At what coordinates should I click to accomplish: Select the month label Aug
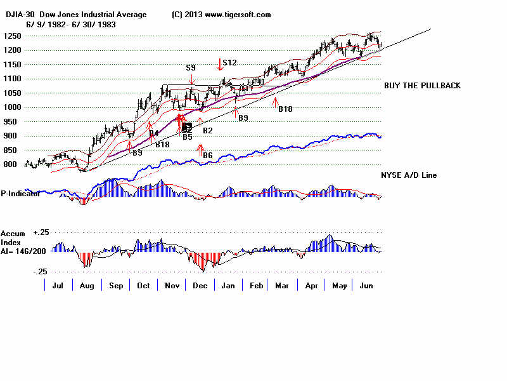pos(87,286)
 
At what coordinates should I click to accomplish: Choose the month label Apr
pos(311,286)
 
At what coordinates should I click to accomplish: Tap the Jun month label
pos(368,286)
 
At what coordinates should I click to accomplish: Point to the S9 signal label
pos(191,67)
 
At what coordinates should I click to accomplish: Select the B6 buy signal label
pos(207,155)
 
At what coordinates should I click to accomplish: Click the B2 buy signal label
pos(207,130)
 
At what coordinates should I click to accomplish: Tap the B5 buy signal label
pos(187,137)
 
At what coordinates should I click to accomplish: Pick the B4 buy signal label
pos(153,133)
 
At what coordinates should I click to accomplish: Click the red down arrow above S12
pos(221,63)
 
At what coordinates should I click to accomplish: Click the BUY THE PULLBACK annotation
pos(422,86)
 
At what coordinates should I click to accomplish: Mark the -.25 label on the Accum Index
pos(40,272)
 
